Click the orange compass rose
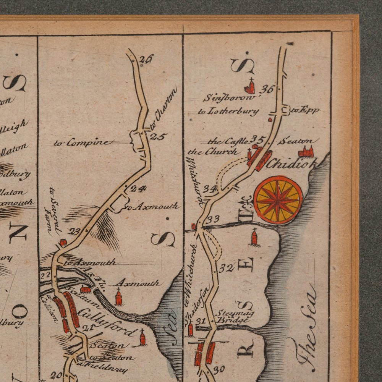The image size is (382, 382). click(278, 200)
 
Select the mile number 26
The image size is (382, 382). click(146, 59)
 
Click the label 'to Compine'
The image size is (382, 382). click(83, 143)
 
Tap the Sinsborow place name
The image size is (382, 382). click(228, 98)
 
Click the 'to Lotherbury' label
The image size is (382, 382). click(228, 112)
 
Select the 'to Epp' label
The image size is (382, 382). click(304, 110)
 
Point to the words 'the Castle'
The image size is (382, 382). click(228, 141)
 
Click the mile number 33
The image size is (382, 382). click(213, 219)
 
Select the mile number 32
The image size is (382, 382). click(226, 268)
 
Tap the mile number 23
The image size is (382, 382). click(74, 231)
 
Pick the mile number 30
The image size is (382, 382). click(219, 369)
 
